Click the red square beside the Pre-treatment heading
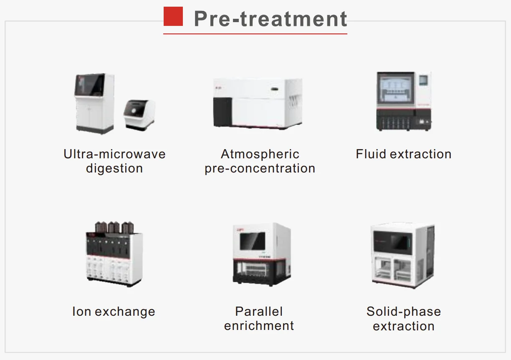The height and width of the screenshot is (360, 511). click(x=173, y=17)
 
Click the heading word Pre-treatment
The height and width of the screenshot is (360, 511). click(x=271, y=19)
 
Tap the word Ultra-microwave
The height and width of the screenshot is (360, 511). click(x=114, y=154)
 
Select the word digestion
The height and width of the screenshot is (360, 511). click(x=114, y=168)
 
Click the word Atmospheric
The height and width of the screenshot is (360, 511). click(x=260, y=154)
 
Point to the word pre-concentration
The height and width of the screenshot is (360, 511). click(x=260, y=168)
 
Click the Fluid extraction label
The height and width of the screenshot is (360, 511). click(x=403, y=154)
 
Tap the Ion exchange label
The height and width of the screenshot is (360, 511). click(x=114, y=312)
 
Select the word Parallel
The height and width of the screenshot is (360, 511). click(x=259, y=312)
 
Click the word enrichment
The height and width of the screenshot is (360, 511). click(x=259, y=326)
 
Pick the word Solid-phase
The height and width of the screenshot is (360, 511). click(x=403, y=312)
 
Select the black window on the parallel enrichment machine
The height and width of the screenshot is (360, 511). click(x=252, y=241)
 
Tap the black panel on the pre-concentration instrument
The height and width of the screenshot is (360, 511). click(x=222, y=111)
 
